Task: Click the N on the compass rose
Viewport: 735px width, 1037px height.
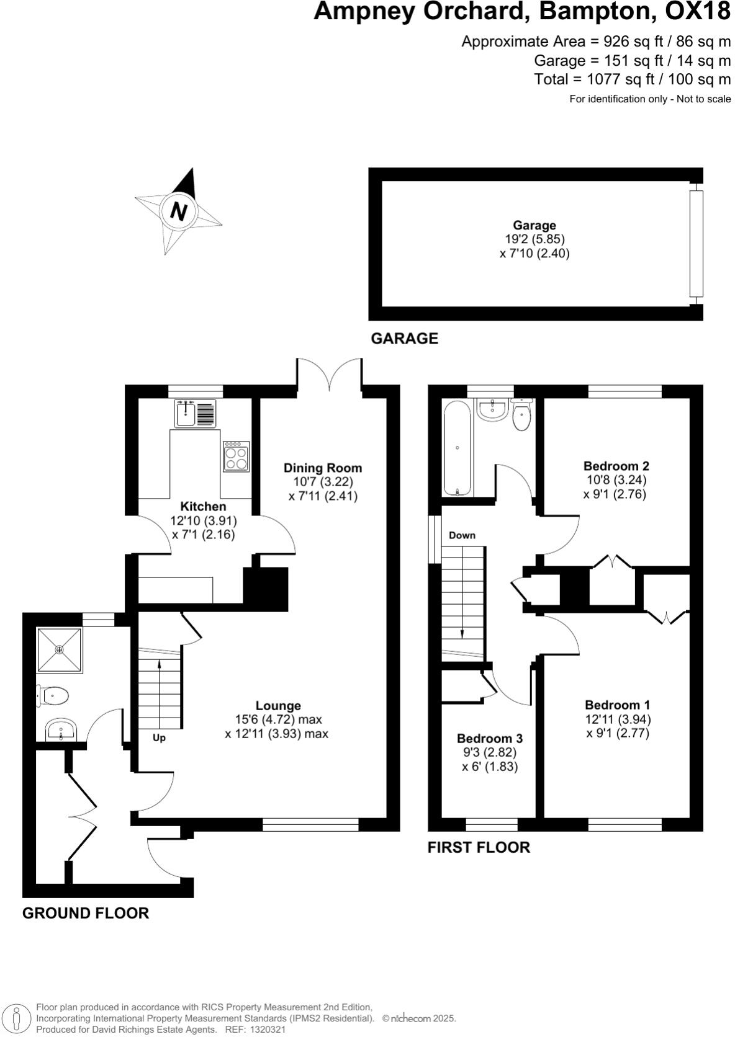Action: click(x=179, y=211)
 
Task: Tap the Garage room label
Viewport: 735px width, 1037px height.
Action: click(x=534, y=225)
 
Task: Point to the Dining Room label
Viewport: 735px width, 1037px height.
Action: click(x=323, y=468)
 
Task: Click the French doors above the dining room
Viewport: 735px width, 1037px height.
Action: click(x=330, y=375)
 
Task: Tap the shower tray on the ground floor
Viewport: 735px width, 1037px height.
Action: click(x=60, y=649)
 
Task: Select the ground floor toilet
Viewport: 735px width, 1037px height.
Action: click(x=53, y=696)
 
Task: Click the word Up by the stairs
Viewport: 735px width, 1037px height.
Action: click(x=160, y=738)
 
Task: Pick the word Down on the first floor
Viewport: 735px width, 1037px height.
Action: click(x=462, y=535)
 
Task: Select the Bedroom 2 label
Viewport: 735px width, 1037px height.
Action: click(x=616, y=466)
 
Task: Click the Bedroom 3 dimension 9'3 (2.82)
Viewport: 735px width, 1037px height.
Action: click(x=490, y=752)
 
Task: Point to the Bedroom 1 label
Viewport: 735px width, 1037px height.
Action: click(x=617, y=705)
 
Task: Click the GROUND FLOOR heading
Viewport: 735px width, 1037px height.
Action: click(x=86, y=913)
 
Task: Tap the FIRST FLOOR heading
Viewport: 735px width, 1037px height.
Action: click(x=479, y=847)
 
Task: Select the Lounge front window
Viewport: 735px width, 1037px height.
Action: click(x=310, y=824)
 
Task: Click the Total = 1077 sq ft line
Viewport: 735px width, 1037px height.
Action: click(x=632, y=79)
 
